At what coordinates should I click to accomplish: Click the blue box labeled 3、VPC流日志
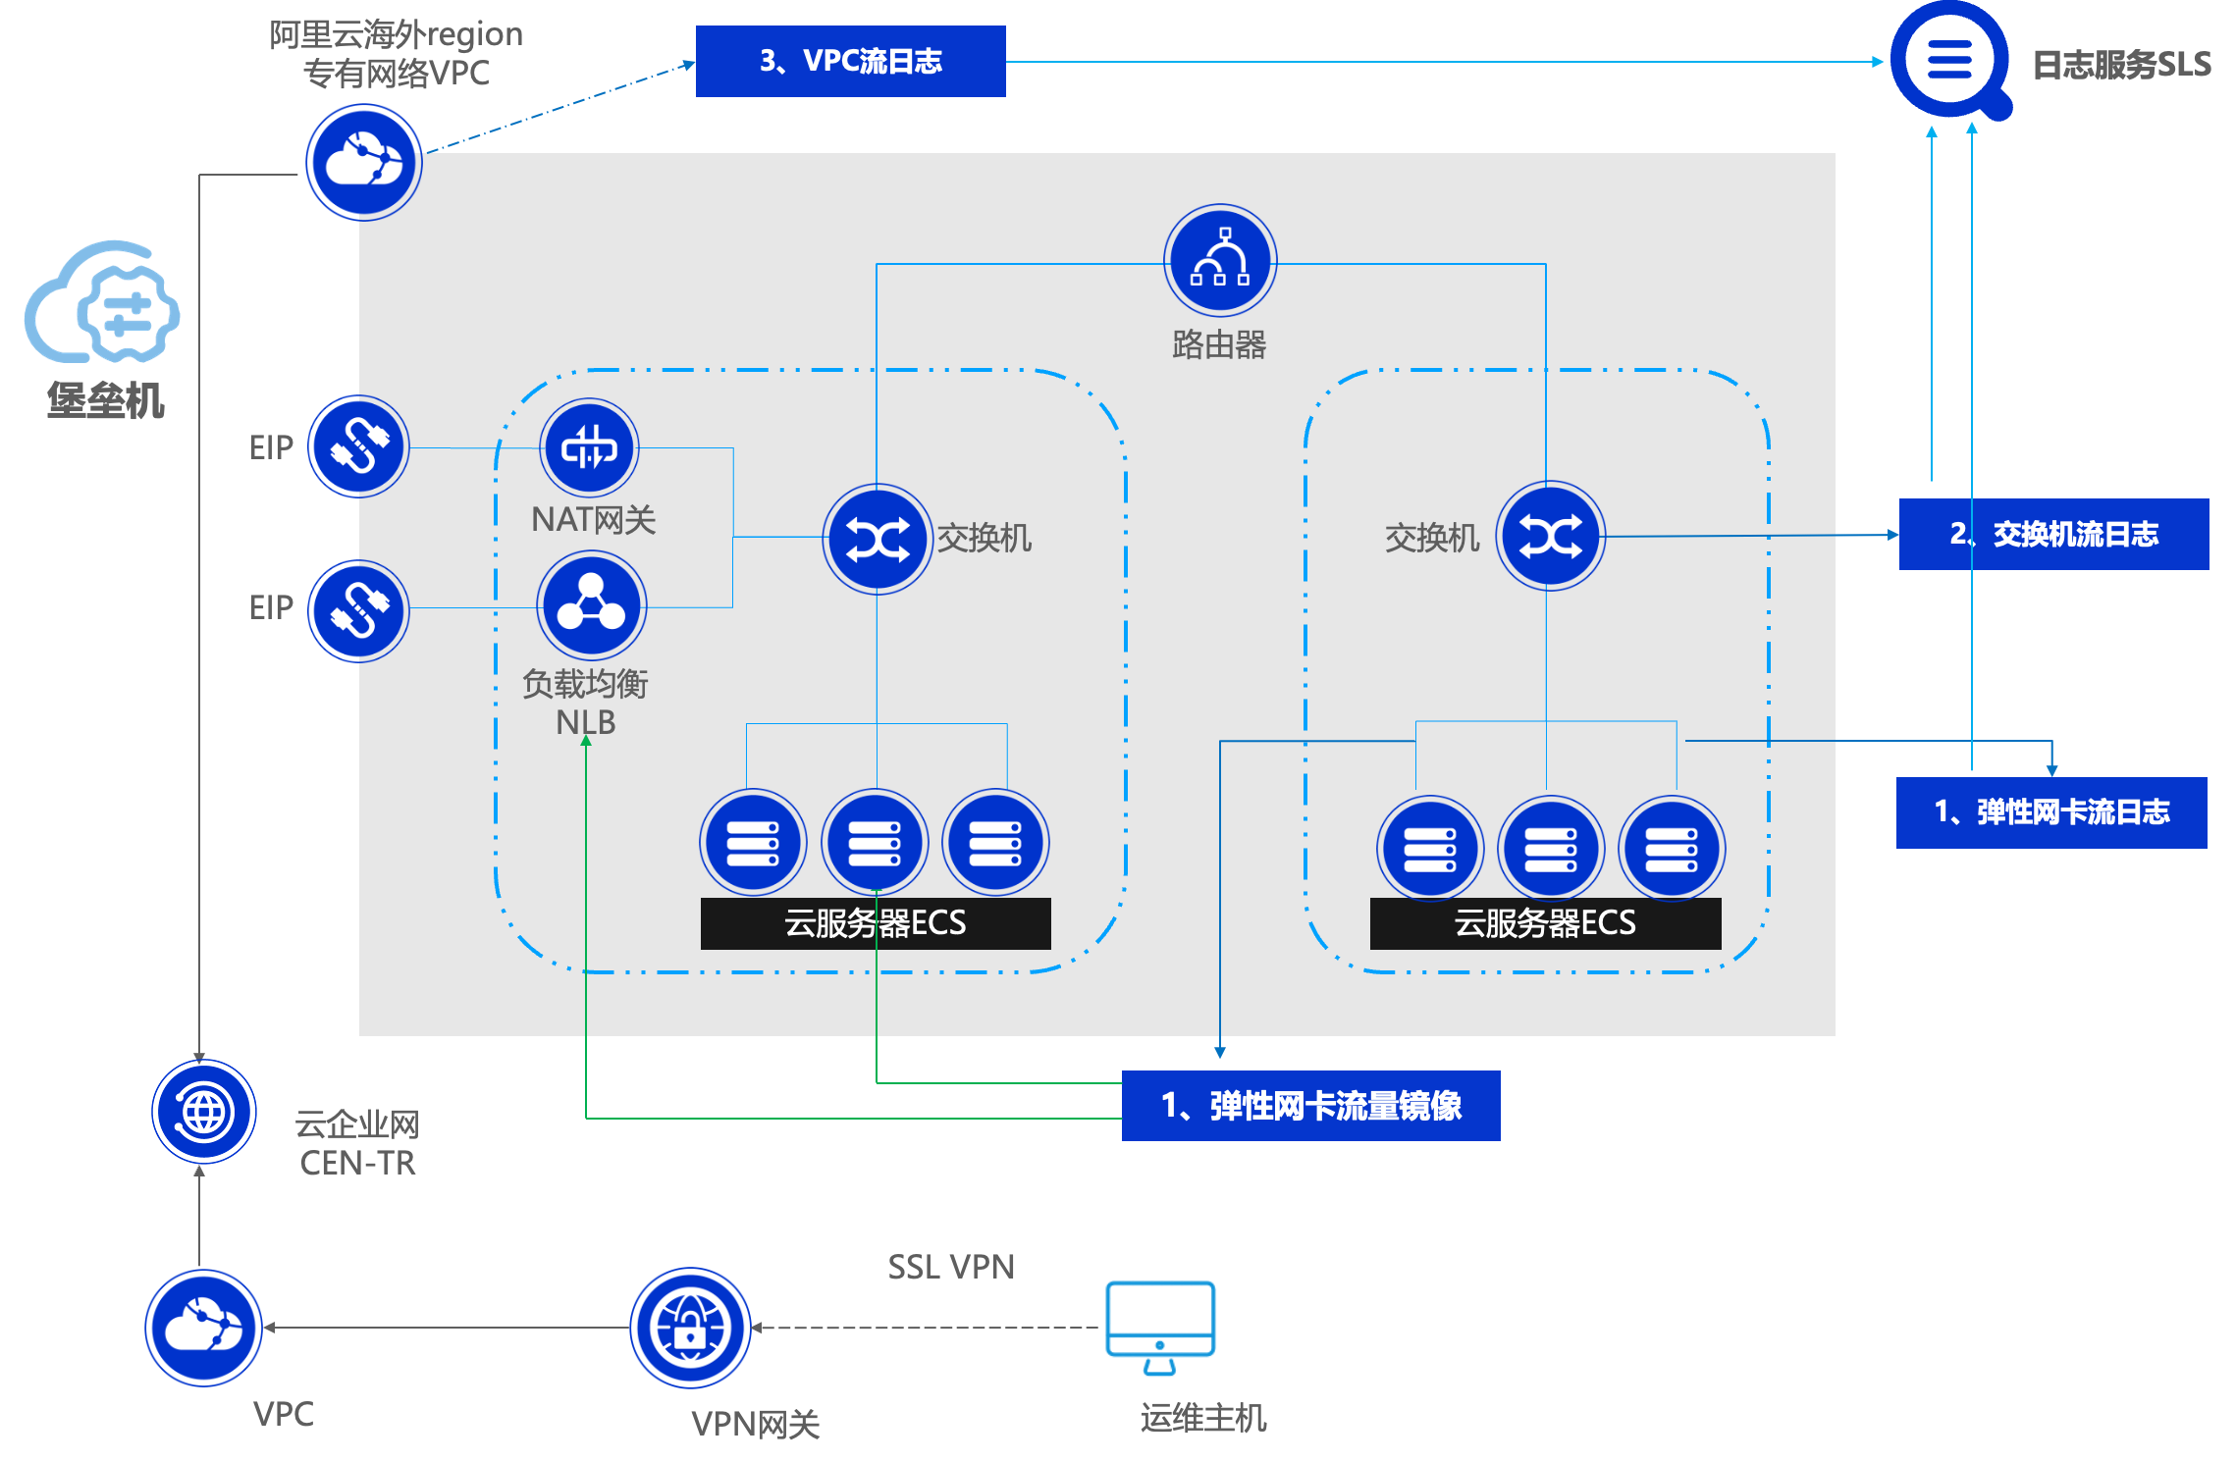850,61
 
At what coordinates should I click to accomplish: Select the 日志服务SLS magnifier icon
1949,61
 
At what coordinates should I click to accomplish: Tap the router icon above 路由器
1220,260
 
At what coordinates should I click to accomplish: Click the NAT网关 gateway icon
589,447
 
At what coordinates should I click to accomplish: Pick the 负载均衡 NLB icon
591,605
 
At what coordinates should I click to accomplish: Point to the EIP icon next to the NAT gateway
359,446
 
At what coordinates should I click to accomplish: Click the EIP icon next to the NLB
359,610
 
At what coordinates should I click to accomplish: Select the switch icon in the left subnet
877,539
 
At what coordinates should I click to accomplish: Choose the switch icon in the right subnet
1550,536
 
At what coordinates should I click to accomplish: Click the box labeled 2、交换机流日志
2053,534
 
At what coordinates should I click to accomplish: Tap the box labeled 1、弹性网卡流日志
2050,812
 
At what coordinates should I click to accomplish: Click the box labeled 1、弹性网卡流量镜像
1310,1106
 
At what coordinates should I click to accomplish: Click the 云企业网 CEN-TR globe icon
204,1112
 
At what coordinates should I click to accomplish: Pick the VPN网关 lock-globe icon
690,1328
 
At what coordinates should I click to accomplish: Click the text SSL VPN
951,1268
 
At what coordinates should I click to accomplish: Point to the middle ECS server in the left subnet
875,842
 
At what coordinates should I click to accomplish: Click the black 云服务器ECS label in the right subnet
1545,923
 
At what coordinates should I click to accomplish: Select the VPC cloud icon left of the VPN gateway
204,1328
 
